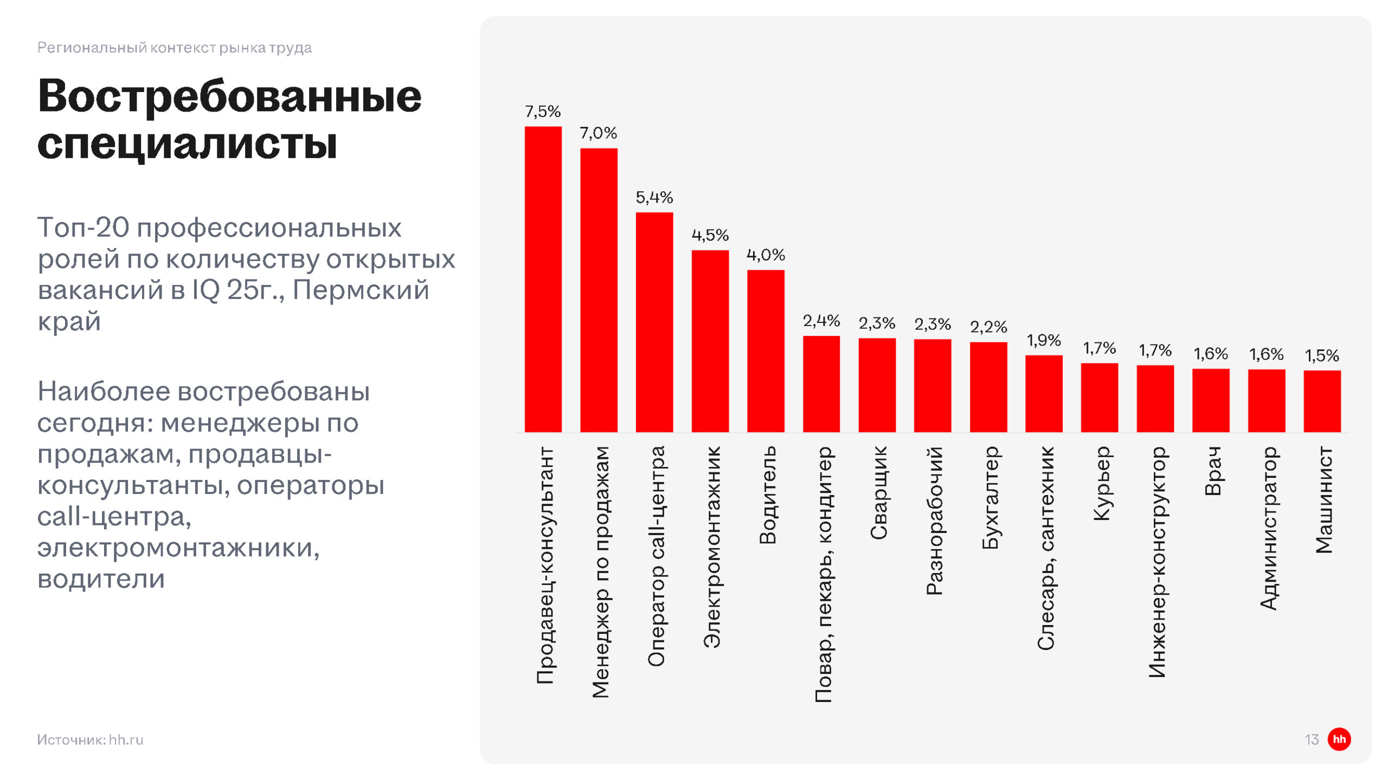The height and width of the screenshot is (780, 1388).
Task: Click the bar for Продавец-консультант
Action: pyautogui.click(x=543, y=279)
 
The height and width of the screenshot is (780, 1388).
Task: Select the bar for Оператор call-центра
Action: pyautogui.click(x=654, y=322)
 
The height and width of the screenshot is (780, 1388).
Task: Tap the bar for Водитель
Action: pyautogui.click(x=766, y=351)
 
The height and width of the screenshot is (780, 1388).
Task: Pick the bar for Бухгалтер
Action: pyautogui.click(x=988, y=387)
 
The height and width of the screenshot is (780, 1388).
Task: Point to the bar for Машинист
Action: pyautogui.click(x=1322, y=401)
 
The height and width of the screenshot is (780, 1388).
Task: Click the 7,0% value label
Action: pyautogui.click(x=598, y=133)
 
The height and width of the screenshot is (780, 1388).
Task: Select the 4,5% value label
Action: pyautogui.click(x=710, y=235)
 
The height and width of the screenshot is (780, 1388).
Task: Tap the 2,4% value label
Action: pyautogui.click(x=821, y=321)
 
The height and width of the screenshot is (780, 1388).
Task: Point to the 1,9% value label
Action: pyautogui.click(x=1044, y=340)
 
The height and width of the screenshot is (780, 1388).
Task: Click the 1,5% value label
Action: pyautogui.click(x=1322, y=356)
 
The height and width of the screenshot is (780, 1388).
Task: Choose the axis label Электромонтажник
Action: pyautogui.click(x=712, y=547)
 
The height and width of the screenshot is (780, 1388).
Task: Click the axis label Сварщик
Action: pyautogui.click(x=878, y=493)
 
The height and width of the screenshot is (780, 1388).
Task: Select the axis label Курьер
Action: pyautogui.click(x=1101, y=483)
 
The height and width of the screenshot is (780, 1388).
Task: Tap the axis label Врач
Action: pyautogui.click(x=1212, y=471)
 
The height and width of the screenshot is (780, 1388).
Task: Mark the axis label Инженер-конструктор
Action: pyautogui.click(x=1156, y=562)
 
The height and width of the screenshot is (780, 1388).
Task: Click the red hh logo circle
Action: pyautogui.click(x=1339, y=739)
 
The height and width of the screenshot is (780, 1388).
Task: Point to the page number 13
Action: pyautogui.click(x=1311, y=739)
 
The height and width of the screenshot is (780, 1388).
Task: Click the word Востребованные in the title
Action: pyautogui.click(x=229, y=96)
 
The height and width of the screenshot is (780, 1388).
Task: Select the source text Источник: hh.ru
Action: pyautogui.click(x=90, y=739)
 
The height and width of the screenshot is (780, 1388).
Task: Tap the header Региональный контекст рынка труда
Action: pyautogui.click(x=174, y=48)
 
